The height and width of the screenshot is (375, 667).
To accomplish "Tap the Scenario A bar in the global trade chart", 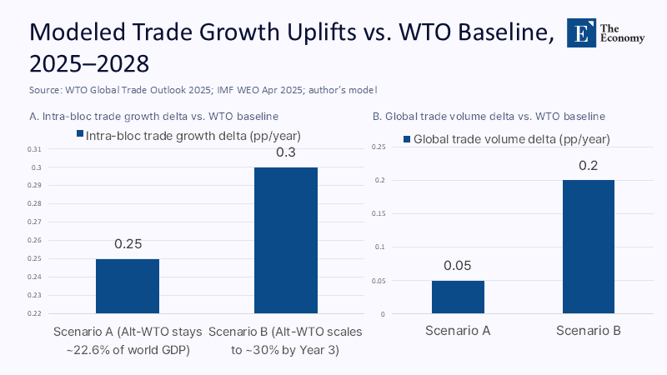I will pyautogui.click(x=458, y=297).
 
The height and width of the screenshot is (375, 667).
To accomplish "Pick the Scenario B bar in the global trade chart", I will pyautogui.click(x=588, y=247).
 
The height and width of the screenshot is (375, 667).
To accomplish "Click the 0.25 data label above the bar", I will pyautogui.click(x=128, y=245).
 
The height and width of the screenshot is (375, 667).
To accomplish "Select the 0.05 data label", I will pyautogui.click(x=458, y=267).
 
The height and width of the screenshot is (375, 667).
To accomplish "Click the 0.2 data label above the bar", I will pyautogui.click(x=588, y=166).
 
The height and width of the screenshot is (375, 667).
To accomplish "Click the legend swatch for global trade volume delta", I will pyautogui.click(x=406, y=139).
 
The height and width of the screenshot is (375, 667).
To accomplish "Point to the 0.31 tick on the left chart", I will pyautogui.click(x=33, y=149).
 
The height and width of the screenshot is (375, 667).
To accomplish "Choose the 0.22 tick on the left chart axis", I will pyautogui.click(x=33, y=314).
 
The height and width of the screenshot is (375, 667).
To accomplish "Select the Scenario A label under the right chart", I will pyautogui.click(x=458, y=331).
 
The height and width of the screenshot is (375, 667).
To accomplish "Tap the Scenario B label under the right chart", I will pyautogui.click(x=588, y=331).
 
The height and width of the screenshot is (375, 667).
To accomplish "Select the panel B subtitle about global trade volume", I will pyautogui.click(x=489, y=116).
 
